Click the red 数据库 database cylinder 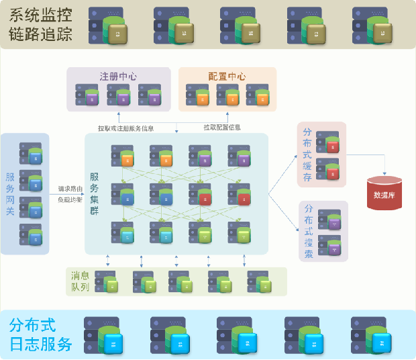click(x=384, y=193)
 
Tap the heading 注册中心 click(x=118, y=76)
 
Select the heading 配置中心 click(x=227, y=76)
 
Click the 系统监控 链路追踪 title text click(x=40, y=25)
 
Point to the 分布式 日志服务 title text click(x=41, y=334)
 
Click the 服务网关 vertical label click(x=10, y=193)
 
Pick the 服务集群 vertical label click(x=95, y=193)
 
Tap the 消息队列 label click(x=81, y=281)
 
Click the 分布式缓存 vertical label click(x=307, y=155)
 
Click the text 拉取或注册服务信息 click(x=126, y=128)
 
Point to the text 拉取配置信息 click(x=222, y=127)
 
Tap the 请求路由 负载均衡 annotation click(x=70, y=194)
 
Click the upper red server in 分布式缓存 click(x=329, y=145)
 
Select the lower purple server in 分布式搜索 click(x=331, y=245)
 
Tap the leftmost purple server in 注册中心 click(x=87, y=97)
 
